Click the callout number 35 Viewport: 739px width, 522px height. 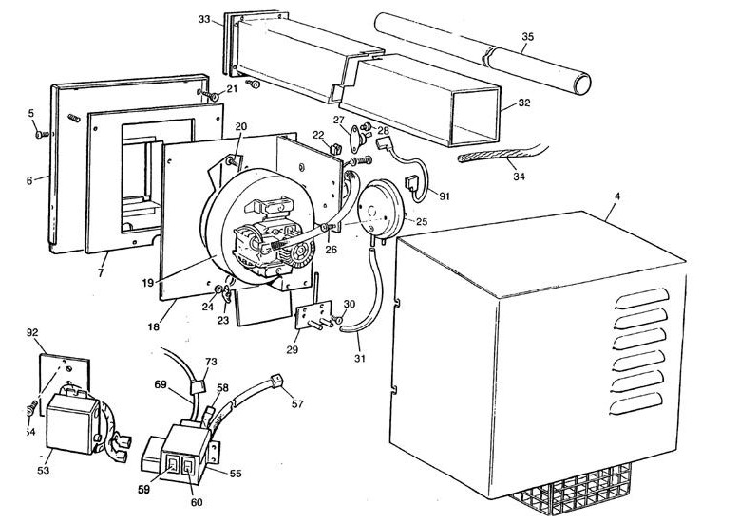(528, 38)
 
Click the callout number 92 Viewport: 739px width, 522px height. (31, 333)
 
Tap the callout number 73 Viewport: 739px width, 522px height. (212, 362)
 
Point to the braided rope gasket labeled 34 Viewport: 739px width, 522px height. (494, 157)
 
